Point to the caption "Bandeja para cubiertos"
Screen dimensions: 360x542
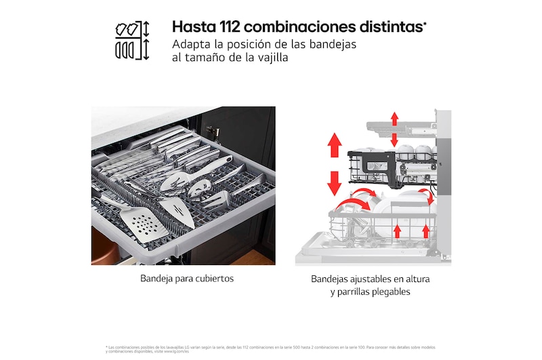[183, 279]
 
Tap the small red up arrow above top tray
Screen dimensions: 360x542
[394, 119]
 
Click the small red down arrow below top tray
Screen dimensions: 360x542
[394, 140]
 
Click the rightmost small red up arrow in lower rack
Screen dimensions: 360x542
[426, 232]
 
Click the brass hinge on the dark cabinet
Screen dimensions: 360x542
[214, 130]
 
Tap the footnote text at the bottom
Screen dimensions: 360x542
[271, 348]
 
